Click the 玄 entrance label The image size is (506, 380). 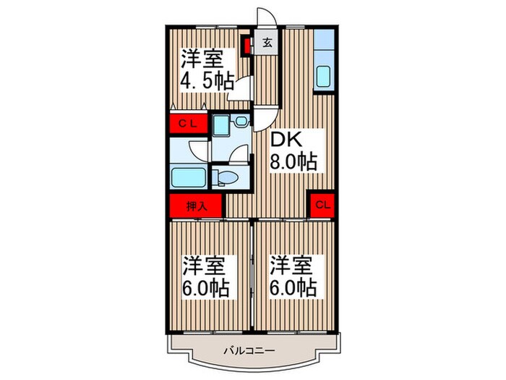266,42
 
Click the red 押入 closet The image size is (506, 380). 197,206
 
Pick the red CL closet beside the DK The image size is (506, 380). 323,205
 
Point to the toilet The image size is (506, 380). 225,177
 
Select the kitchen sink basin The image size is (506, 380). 323,77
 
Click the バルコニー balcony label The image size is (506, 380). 253,350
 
